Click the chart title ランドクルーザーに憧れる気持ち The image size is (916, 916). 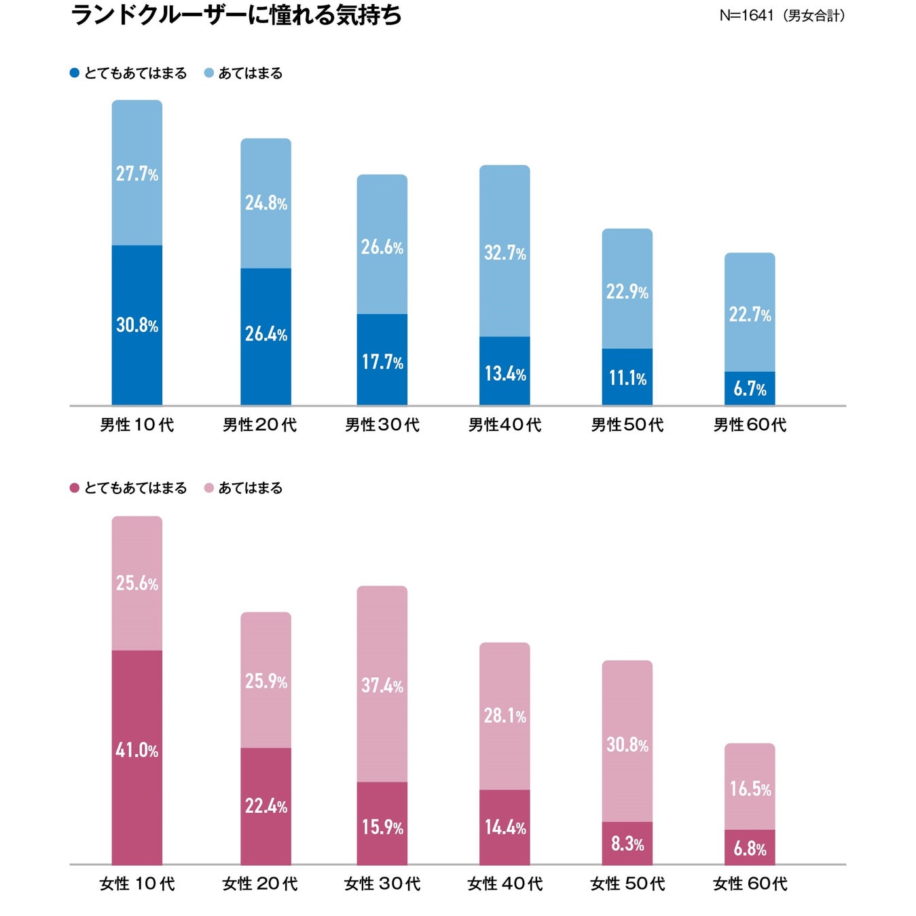tap(236, 15)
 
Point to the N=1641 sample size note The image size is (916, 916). tap(782, 16)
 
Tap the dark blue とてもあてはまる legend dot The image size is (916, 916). tap(75, 73)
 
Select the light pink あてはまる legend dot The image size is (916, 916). tap(209, 488)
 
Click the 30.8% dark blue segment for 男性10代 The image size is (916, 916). tap(137, 326)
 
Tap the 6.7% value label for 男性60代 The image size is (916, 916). tap(750, 389)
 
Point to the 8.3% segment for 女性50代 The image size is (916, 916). tap(627, 843)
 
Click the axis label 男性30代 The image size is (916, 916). tap(382, 425)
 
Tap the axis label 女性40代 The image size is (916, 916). tap(505, 883)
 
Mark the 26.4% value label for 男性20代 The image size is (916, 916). tap(266, 334)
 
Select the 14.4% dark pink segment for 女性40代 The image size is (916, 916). tap(505, 827)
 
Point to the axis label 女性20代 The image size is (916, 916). tap(259, 883)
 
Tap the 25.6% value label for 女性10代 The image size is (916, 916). tap(137, 583)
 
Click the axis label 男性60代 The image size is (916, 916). tap(750, 425)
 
